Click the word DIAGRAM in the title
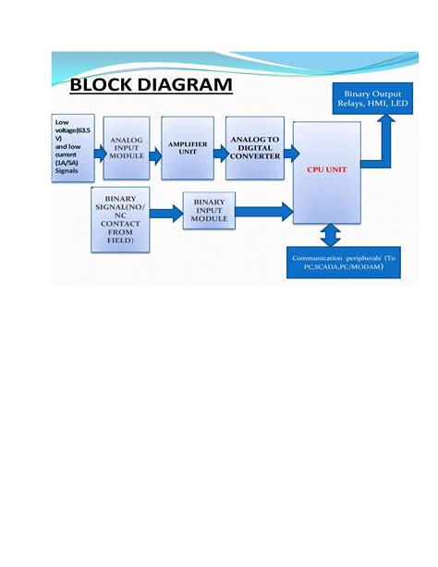pos(186,87)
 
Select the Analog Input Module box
pos(126,149)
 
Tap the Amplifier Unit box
pos(188,148)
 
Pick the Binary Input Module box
pos(209,212)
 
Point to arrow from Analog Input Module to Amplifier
pos(154,155)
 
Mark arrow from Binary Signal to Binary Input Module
pos(167,214)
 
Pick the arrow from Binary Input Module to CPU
pos(264,212)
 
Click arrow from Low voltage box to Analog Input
pos(96,155)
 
